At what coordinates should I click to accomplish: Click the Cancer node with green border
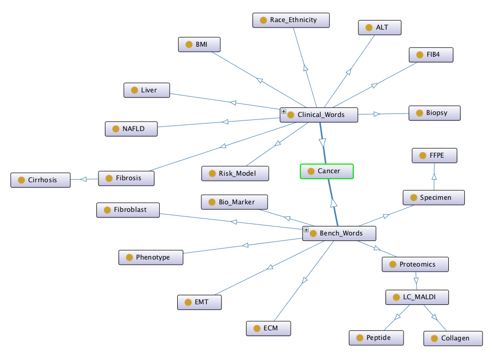[x=327, y=171]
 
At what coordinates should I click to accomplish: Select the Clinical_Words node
[x=319, y=114]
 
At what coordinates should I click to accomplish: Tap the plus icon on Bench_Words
[x=306, y=230]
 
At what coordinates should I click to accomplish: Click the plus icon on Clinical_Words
[x=284, y=111]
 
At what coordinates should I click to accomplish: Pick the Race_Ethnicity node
[x=291, y=20]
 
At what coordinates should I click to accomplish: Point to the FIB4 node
[x=431, y=55]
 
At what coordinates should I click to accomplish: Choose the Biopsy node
[x=435, y=113]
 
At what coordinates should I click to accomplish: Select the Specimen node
[x=434, y=197]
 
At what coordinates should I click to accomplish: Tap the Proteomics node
[x=415, y=264]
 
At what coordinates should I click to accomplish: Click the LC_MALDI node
[x=417, y=297]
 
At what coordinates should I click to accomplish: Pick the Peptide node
[x=377, y=338]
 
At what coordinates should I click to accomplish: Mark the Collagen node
[x=453, y=338]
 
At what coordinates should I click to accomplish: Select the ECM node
[x=269, y=328]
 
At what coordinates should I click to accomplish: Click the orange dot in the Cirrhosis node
[x=21, y=180]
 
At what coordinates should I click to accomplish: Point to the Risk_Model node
[x=236, y=174]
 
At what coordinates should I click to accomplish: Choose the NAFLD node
[x=131, y=129]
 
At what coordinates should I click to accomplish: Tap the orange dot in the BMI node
[x=189, y=44]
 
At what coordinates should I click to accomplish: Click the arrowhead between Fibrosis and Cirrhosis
[x=84, y=179]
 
